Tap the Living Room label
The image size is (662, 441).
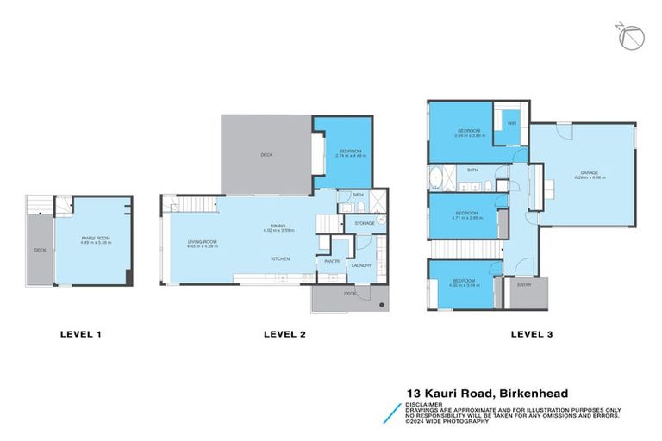(203, 242)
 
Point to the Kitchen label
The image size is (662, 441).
(280, 259)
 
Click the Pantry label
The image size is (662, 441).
(330, 261)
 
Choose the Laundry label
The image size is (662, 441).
(360, 265)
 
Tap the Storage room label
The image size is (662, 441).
(365, 224)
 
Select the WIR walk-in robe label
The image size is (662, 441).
(511, 123)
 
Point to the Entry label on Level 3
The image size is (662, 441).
(523, 284)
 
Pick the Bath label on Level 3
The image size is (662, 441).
(472, 171)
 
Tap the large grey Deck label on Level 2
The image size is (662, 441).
(266, 156)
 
